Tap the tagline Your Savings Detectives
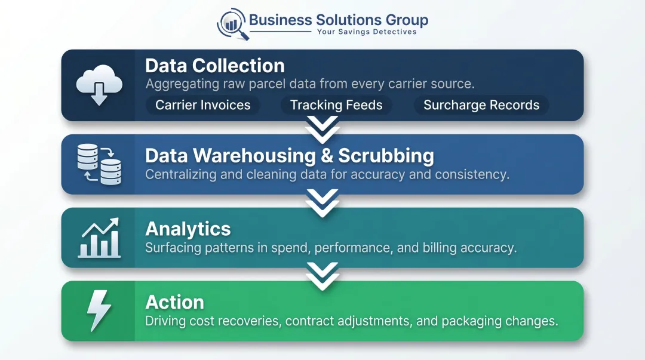coord(367,32)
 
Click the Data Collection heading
coord(215,66)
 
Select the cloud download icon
coord(99,85)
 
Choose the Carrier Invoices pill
coord(203,105)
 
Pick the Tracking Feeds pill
coord(336,105)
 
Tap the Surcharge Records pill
coord(481,105)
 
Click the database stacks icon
coord(99,164)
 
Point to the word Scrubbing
coord(386,156)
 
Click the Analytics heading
coord(188,229)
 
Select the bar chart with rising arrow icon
coord(99,238)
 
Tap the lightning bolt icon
coord(99,310)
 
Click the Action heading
coord(174,303)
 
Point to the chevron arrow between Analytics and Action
coord(322,276)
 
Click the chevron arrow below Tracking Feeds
coord(322,130)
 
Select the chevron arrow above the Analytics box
coord(322,203)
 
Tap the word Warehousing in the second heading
coord(254,156)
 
